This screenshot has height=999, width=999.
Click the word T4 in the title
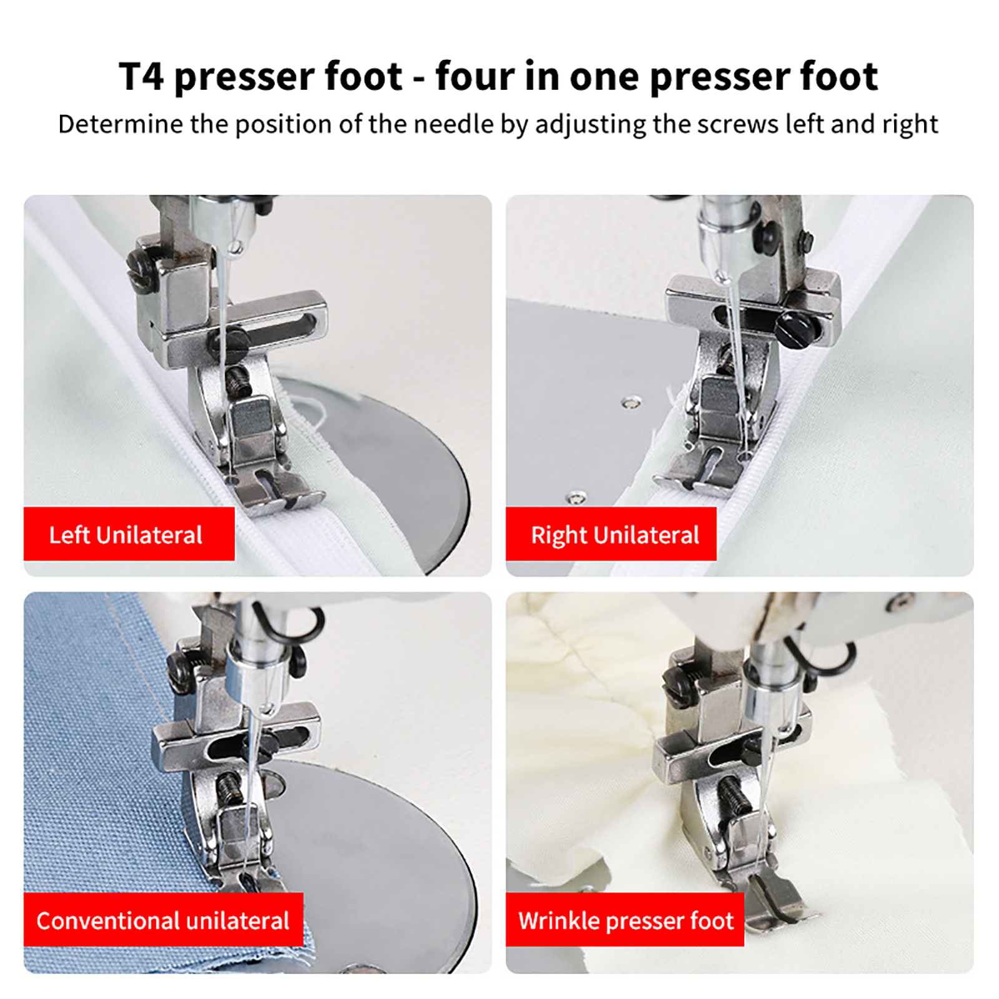[x=141, y=76]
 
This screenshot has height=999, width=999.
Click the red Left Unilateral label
[x=129, y=534]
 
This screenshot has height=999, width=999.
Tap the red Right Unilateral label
[x=611, y=534]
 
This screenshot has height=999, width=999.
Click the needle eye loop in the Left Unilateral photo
[x=235, y=248]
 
